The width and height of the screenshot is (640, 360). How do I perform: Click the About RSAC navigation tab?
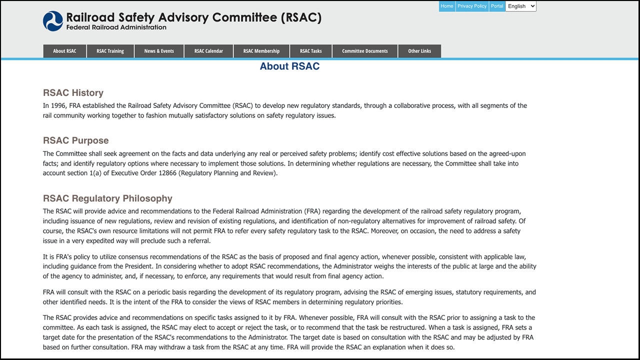point(64,51)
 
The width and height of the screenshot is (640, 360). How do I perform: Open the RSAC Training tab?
point(110,51)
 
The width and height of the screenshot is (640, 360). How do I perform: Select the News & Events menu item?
point(159,51)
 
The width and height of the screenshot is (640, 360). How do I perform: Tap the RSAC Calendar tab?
point(208,51)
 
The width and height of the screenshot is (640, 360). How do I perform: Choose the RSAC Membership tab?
point(261,51)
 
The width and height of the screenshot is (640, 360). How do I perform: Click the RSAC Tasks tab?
point(311,51)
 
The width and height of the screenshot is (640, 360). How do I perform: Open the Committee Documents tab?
point(365,51)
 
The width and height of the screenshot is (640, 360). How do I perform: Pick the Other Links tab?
point(419,51)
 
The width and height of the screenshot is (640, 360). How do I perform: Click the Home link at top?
point(447,6)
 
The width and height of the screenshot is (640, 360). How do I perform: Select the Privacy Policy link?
point(472,6)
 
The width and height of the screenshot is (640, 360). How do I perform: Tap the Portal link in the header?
point(497,6)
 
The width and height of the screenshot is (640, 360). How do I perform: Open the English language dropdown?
point(521,6)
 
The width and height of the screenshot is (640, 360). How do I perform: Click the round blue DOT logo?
point(53,21)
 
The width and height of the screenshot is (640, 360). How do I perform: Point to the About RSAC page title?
point(289,66)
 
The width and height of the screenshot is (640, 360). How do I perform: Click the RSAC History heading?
point(73,93)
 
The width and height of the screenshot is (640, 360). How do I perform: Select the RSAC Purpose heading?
point(75,140)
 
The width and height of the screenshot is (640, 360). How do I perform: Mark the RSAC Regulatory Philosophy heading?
point(107,198)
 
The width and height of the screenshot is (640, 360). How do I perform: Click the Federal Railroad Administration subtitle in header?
point(116,27)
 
